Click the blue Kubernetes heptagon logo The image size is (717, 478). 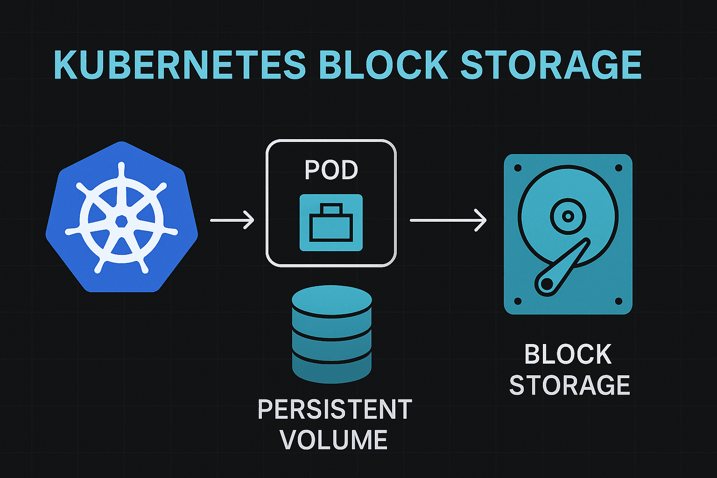click(x=121, y=217)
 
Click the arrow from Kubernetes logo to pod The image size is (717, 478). click(x=232, y=220)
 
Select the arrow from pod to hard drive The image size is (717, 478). click(x=448, y=220)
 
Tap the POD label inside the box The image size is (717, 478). click(x=331, y=170)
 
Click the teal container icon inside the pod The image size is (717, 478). click(x=331, y=223)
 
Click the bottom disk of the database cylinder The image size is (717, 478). click(x=332, y=369)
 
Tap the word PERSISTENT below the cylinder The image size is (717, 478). click(x=335, y=409)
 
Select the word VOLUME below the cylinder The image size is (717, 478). click(x=334, y=440)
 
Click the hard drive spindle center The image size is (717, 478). click(x=568, y=216)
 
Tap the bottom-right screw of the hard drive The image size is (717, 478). click(x=619, y=301)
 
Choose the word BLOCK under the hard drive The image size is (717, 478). click(x=568, y=355)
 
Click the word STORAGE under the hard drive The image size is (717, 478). click(x=569, y=385)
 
